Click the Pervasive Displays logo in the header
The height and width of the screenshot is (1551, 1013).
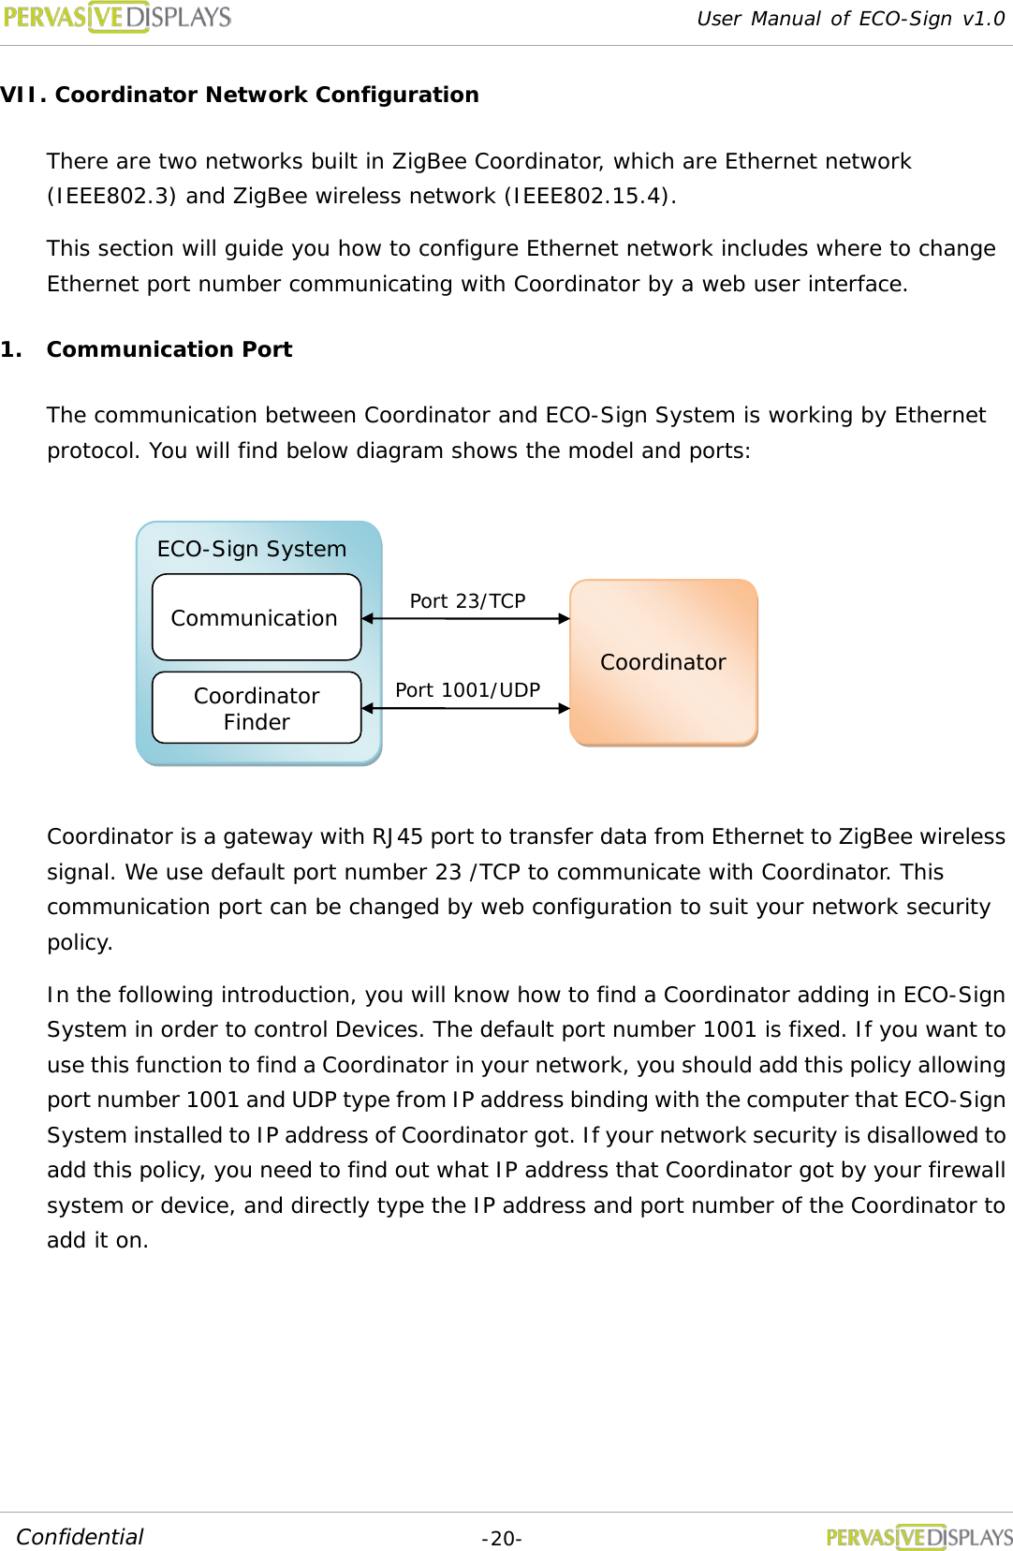(x=117, y=17)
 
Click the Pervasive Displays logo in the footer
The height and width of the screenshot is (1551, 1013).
(x=918, y=1537)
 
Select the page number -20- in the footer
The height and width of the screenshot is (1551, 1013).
(x=501, y=1539)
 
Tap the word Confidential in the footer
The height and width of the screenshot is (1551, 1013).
(x=80, y=1537)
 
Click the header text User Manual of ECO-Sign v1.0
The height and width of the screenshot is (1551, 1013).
(x=850, y=19)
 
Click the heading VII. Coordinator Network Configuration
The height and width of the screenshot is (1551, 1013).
(x=240, y=95)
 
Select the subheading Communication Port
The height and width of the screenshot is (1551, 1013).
(x=169, y=349)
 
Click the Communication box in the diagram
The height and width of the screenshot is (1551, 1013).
(x=256, y=618)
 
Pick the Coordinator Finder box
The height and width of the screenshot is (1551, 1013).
(x=256, y=708)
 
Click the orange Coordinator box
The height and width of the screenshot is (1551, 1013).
(x=663, y=662)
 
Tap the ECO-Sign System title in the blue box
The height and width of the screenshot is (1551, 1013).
(x=251, y=549)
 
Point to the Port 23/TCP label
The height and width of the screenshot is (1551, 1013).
(x=467, y=601)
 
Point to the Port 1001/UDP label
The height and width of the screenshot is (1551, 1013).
(x=467, y=690)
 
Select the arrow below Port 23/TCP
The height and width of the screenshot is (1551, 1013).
(x=465, y=618)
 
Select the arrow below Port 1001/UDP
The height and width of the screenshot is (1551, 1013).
(x=465, y=708)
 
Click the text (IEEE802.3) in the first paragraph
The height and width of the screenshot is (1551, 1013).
(x=111, y=196)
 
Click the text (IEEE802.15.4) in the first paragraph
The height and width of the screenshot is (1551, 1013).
(x=587, y=196)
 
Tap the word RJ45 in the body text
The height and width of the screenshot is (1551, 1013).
(x=397, y=836)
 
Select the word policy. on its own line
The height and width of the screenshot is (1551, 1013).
(x=80, y=942)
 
